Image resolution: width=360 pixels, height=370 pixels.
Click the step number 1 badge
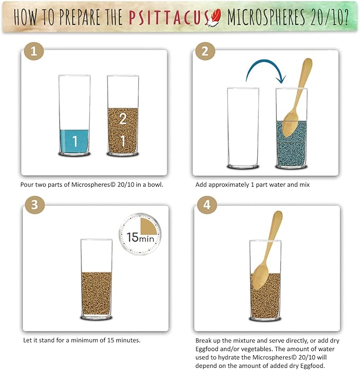click(34, 51)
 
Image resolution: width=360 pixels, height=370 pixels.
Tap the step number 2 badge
click(205, 51)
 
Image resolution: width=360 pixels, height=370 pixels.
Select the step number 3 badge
click(34, 204)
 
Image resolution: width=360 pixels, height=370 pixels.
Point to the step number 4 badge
click(207, 204)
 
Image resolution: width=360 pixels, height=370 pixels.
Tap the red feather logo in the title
click(214, 18)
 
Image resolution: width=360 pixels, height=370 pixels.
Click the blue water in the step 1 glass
click(74, 141)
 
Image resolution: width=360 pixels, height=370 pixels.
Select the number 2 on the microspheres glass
click(123, 119)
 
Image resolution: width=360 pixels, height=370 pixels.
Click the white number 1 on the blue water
click(75, 141)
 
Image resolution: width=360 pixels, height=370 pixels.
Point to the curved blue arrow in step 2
click(265, 61)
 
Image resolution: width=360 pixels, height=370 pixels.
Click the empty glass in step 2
click(243, 127)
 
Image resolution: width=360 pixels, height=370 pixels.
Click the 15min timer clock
click(140, 234)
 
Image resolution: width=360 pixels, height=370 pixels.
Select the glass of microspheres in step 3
click(96, 279)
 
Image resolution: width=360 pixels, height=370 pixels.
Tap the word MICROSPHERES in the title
click(266, 17)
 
